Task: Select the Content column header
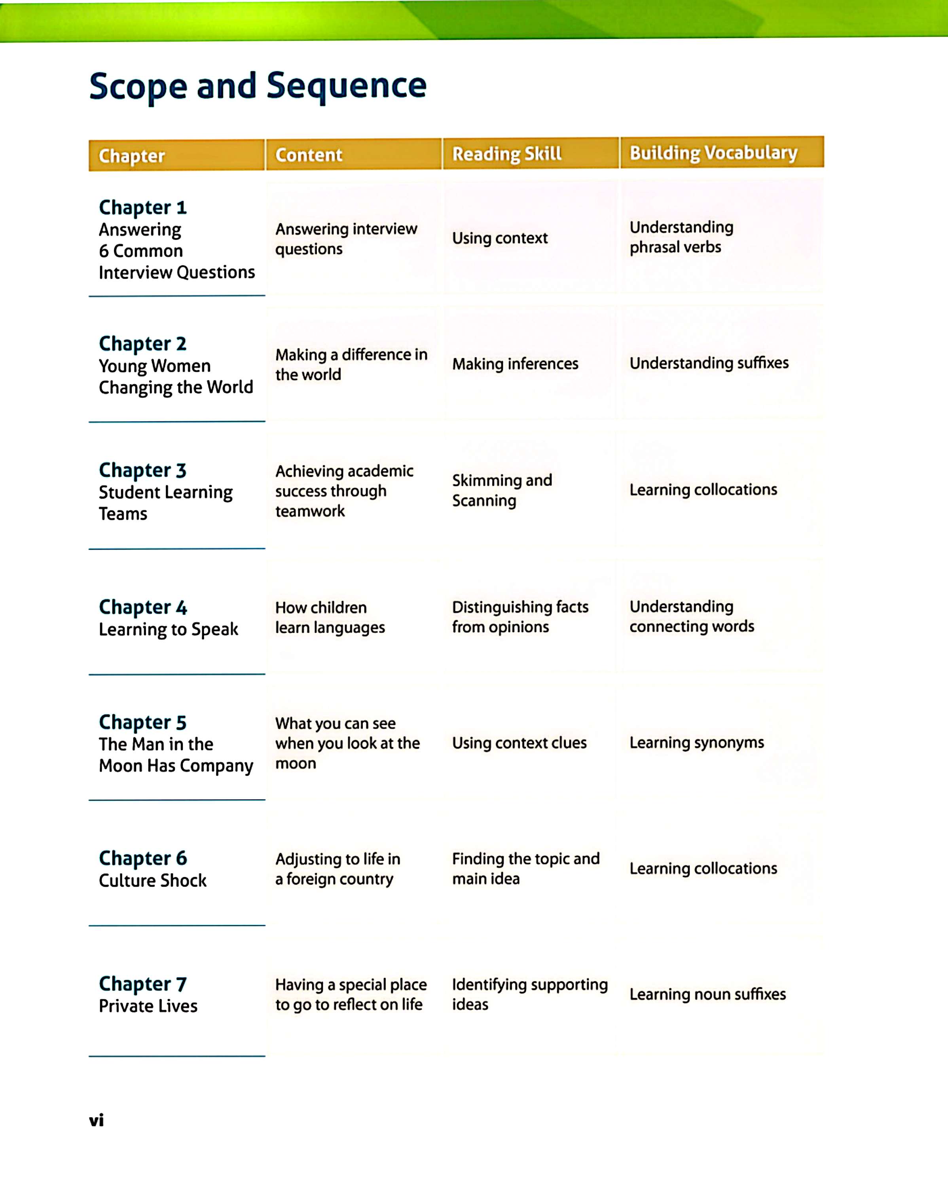click(x=309, y=155)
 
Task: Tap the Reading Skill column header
click(x=506, y=154)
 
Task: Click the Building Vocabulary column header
click(x=713, y=152)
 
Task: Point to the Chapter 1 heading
click(x=142, y=208)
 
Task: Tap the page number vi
click(x=96, y=1120)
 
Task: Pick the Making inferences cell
click(x=515, y=364)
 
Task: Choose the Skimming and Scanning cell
click(x=502, y=490)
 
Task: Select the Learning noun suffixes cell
click(x=707, y=994)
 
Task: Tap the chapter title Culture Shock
click(x=152, y=880)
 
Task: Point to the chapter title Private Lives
click(x=148, y=1006)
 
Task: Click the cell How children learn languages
click(x=330, y=617)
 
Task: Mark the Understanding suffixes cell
click(x=709, y=363)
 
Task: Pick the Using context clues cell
click(x=519, y=743)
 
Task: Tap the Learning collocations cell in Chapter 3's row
click(x=703, y=489)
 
